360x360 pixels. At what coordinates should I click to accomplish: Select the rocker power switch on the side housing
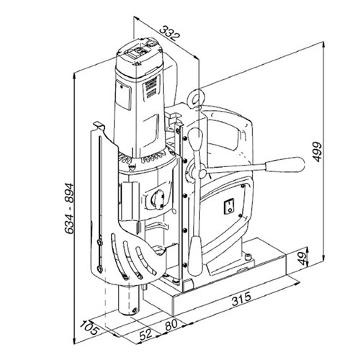click(229, 206)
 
